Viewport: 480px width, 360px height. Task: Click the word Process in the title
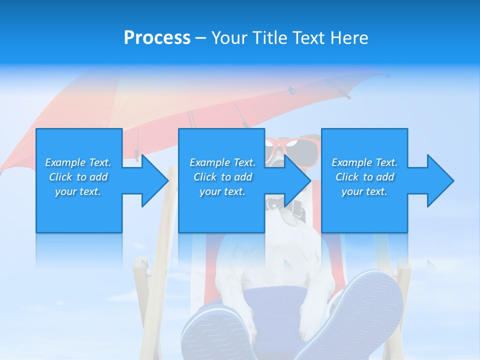coord(157,38)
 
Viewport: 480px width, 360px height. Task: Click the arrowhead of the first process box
coord(155,180)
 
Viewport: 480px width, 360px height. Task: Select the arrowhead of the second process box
coord(297,180)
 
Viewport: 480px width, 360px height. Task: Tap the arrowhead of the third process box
coord(440,180)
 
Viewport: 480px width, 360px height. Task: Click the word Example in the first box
coord(65,162)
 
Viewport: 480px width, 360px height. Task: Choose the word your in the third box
coord(352,191)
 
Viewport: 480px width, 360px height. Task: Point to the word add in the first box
coord(99,177)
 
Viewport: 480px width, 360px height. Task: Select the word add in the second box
coord(243,177)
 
